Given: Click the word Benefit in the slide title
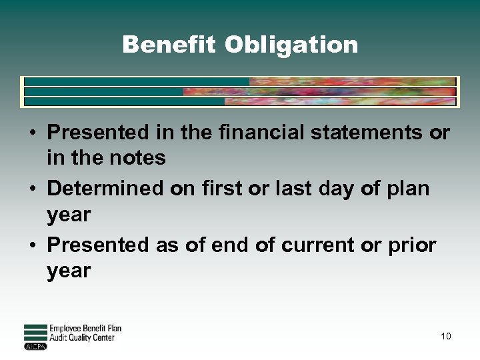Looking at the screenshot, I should click(169, 45).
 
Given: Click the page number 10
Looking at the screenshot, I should click(445, 336).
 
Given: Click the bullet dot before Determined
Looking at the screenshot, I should click(32, 189).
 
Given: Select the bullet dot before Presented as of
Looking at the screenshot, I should click(32, 246).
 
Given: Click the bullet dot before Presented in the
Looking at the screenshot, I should click(32, 133).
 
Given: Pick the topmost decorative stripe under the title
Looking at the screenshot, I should click(240, 81).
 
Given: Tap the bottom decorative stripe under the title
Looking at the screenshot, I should click(240, 102).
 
